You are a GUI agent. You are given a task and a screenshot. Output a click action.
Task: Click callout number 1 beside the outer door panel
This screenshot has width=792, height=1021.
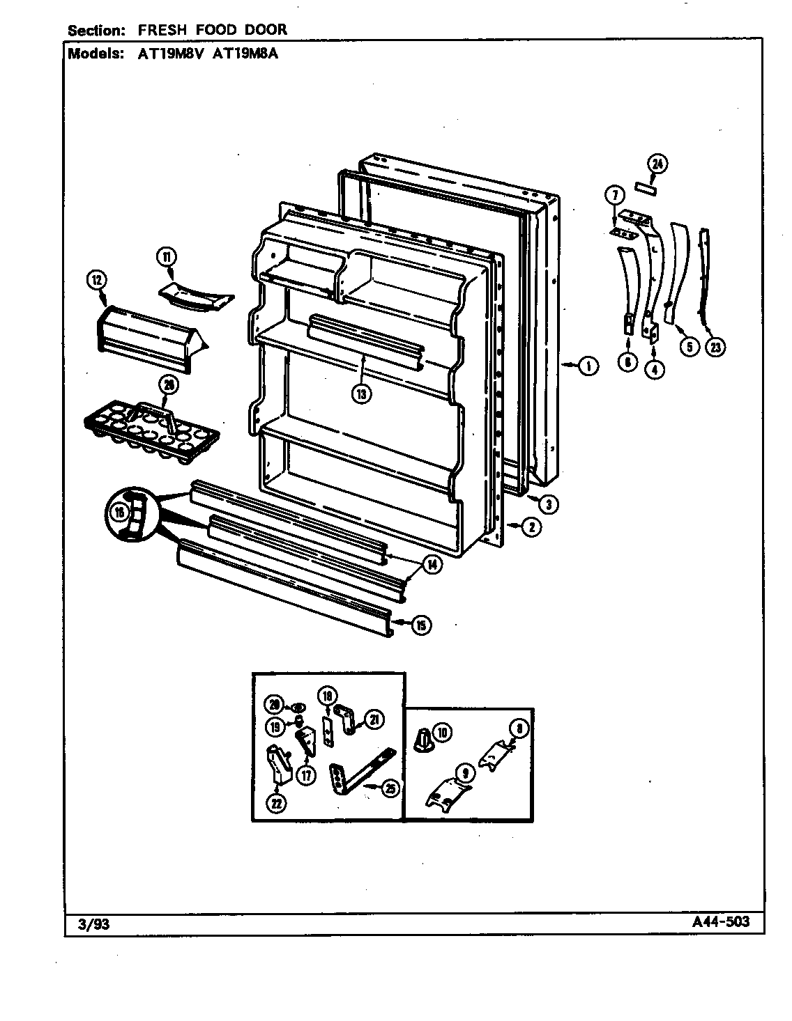[589, 365]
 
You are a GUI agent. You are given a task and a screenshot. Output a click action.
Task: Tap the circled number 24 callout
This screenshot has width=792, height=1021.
[657, 164]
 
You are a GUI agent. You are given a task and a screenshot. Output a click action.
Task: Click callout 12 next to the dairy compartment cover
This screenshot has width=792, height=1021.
[97, 281]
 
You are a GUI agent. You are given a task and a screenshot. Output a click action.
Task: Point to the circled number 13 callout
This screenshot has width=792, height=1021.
[360, 393]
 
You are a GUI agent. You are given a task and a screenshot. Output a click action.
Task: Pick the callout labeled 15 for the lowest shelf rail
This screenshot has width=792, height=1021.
[420, 625]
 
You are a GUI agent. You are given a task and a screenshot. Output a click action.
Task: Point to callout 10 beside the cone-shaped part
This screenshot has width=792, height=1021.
[442, 732]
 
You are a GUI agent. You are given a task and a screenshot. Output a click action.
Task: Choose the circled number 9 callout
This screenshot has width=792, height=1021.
[465, 772]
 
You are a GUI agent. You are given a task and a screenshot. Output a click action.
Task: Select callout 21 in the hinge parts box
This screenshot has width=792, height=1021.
[374, 720]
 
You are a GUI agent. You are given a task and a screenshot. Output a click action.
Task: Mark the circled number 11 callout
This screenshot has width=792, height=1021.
[167, 256]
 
